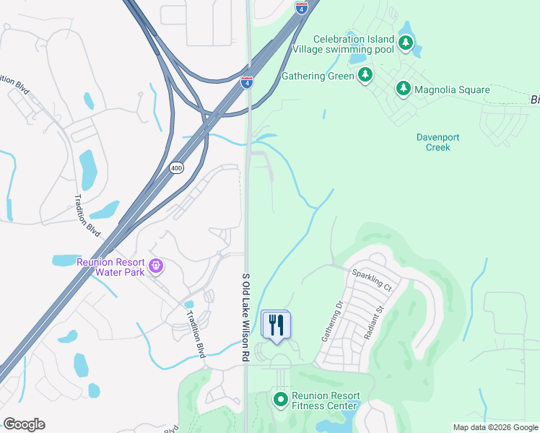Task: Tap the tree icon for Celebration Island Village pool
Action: (x=406, y=43)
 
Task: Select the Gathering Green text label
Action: (x=318, y=76)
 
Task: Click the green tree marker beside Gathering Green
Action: (x=365, y=74)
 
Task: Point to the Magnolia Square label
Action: (x=452, y=90)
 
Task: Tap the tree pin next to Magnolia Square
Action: (x=404, y=89)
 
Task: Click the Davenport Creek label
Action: (x=437, y=142)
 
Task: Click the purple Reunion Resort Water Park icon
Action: (x=155, y=266)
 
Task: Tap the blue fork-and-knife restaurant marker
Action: (x=275, y=324)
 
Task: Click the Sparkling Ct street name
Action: (x=371, y=280)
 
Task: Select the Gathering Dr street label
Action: (x=333, y=322)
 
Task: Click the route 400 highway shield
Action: (x=176, y=167)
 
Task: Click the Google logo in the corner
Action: (x=24, y=424)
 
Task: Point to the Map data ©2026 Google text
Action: (x=495, y=427)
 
